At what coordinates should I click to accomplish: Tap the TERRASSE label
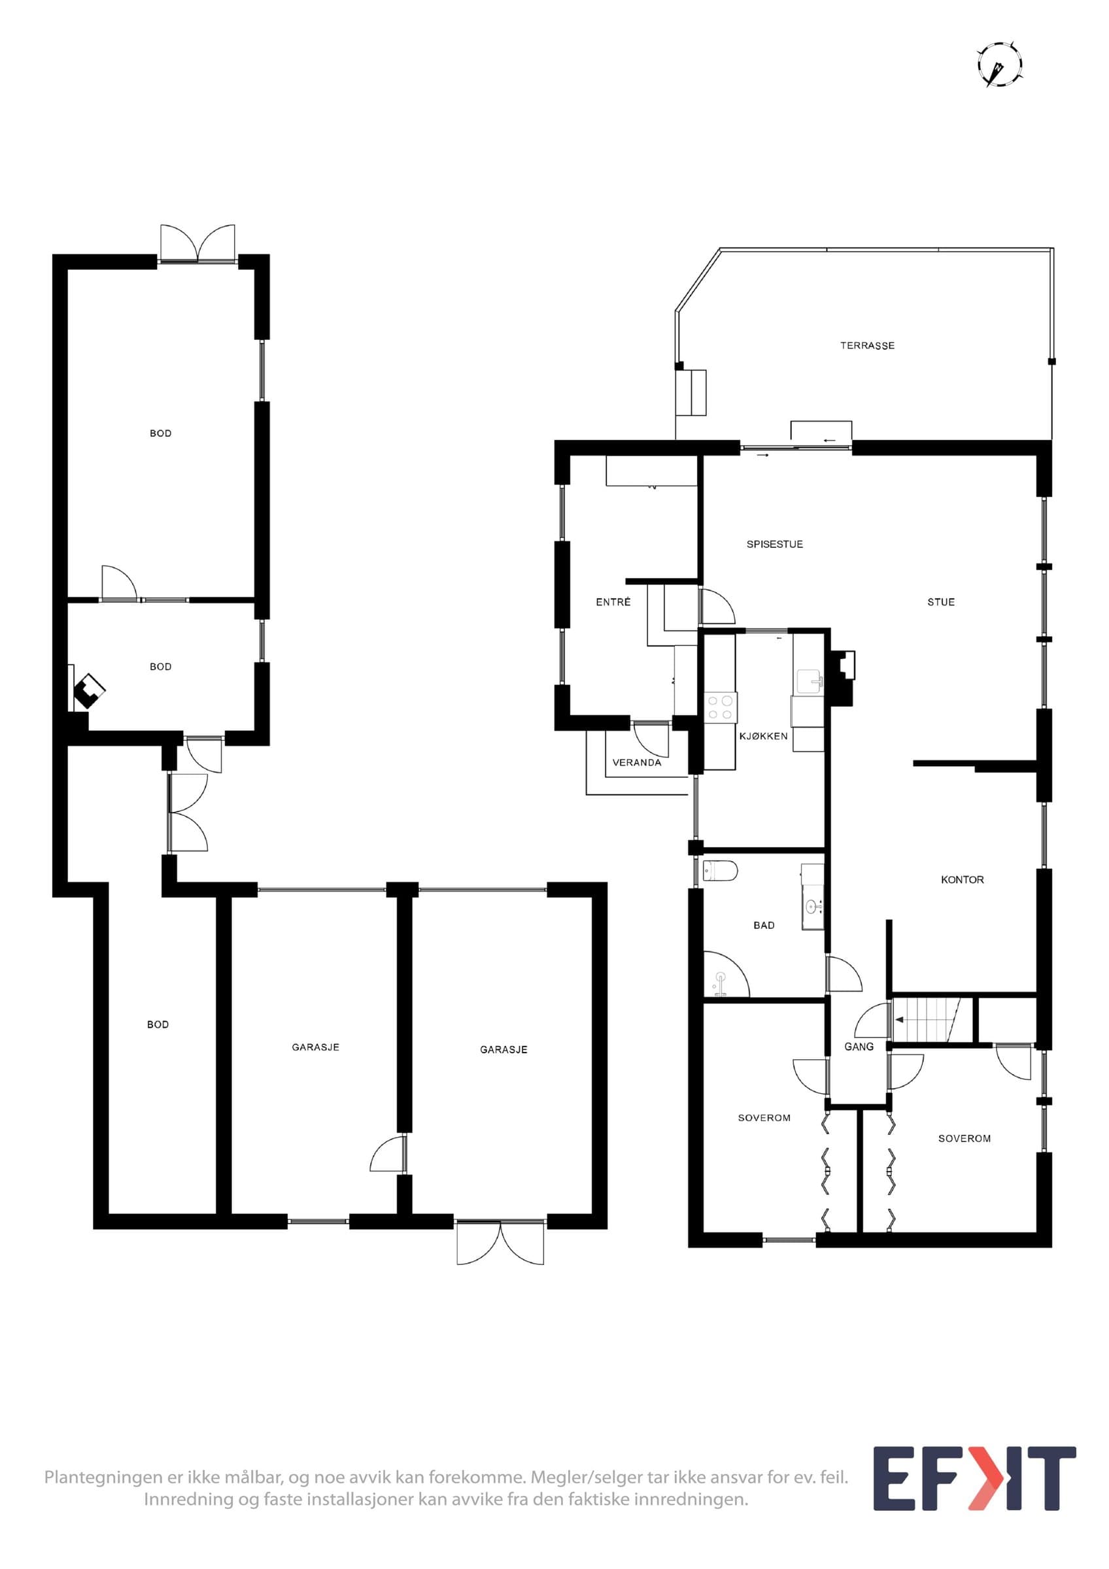pyautogui.click(x=867, y=346)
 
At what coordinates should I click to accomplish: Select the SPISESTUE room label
pyautogui.click(x=774, y=544)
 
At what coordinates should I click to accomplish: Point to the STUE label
pyautogui.click(x=941, y=602)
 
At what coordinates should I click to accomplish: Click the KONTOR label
pyautogui.click(x=962, y=879)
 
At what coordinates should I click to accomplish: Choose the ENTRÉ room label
pyautogui.click(x=613, y=602)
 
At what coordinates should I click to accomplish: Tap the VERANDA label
pyautogui.click(x=637, y=763)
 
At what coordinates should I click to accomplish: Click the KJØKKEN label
pyautogui.click(x=763, y=736)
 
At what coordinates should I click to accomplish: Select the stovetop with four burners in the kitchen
pyautogui.click(x=721, y=707)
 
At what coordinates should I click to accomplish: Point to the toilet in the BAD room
pyautogui.click(x=720, y=871)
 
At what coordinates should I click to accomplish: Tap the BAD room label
pyautogui.click(x=764, y=925)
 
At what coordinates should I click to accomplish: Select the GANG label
pyautogui.click(x=859, y=1046)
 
